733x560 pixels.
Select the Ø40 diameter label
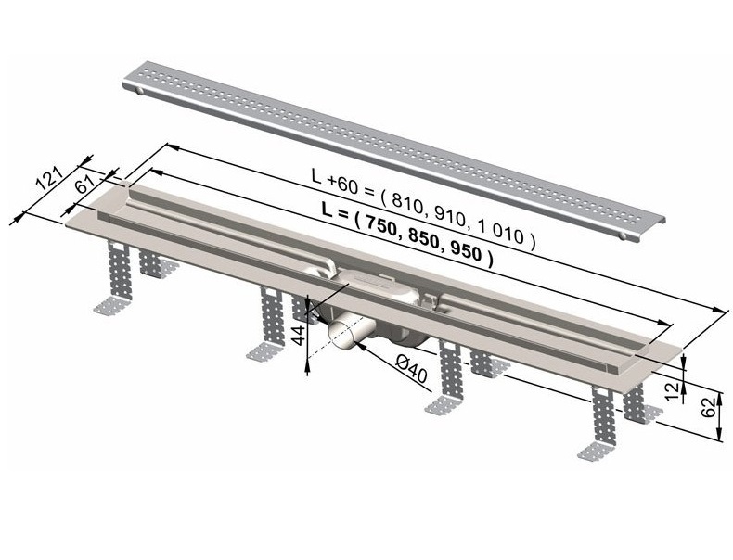pyautogui.click(x=411, y=368)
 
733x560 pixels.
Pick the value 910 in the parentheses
pyautogui.click(x=448, y=217)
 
